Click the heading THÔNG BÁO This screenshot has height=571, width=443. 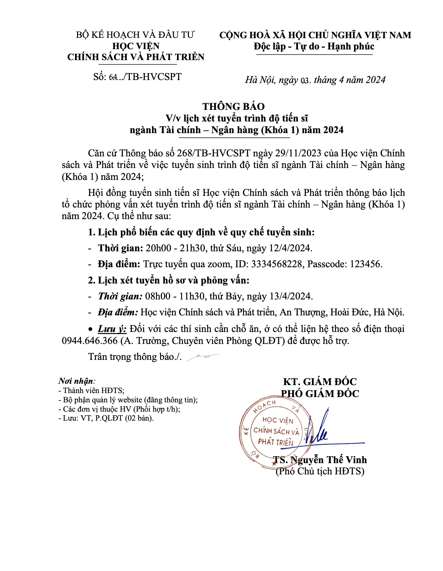(233, 107)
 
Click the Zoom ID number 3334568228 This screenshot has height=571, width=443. (276, 264)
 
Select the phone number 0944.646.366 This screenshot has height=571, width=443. (90, 341)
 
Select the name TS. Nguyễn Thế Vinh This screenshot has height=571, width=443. (320, 460)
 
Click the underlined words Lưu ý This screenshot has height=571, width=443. (112, 329)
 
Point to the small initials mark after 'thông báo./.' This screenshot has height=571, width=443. (203, 357)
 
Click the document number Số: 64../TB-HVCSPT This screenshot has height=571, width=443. (137, 77)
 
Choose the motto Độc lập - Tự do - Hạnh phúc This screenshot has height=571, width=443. (314, 46)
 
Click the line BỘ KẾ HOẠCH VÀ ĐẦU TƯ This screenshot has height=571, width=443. (135, 35)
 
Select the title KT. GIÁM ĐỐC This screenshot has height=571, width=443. (320, 382)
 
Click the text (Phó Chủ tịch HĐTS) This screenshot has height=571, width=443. (320, 471)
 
